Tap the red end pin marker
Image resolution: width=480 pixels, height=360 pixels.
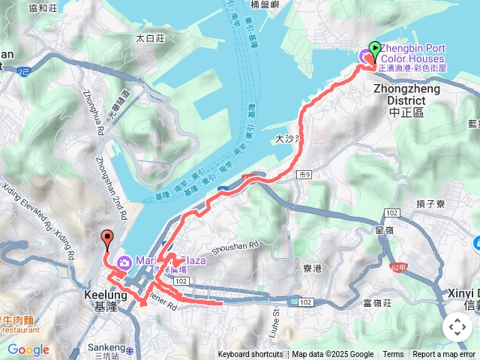pos(106,239)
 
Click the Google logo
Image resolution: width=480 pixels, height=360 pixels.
pos(28,349)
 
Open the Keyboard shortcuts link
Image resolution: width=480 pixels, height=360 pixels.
pos(250,355)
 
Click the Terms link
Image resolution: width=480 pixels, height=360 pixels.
pos(393,355)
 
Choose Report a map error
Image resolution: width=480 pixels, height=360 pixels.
pos(445,355)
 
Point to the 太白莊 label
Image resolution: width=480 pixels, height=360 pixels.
pos(150,37)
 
